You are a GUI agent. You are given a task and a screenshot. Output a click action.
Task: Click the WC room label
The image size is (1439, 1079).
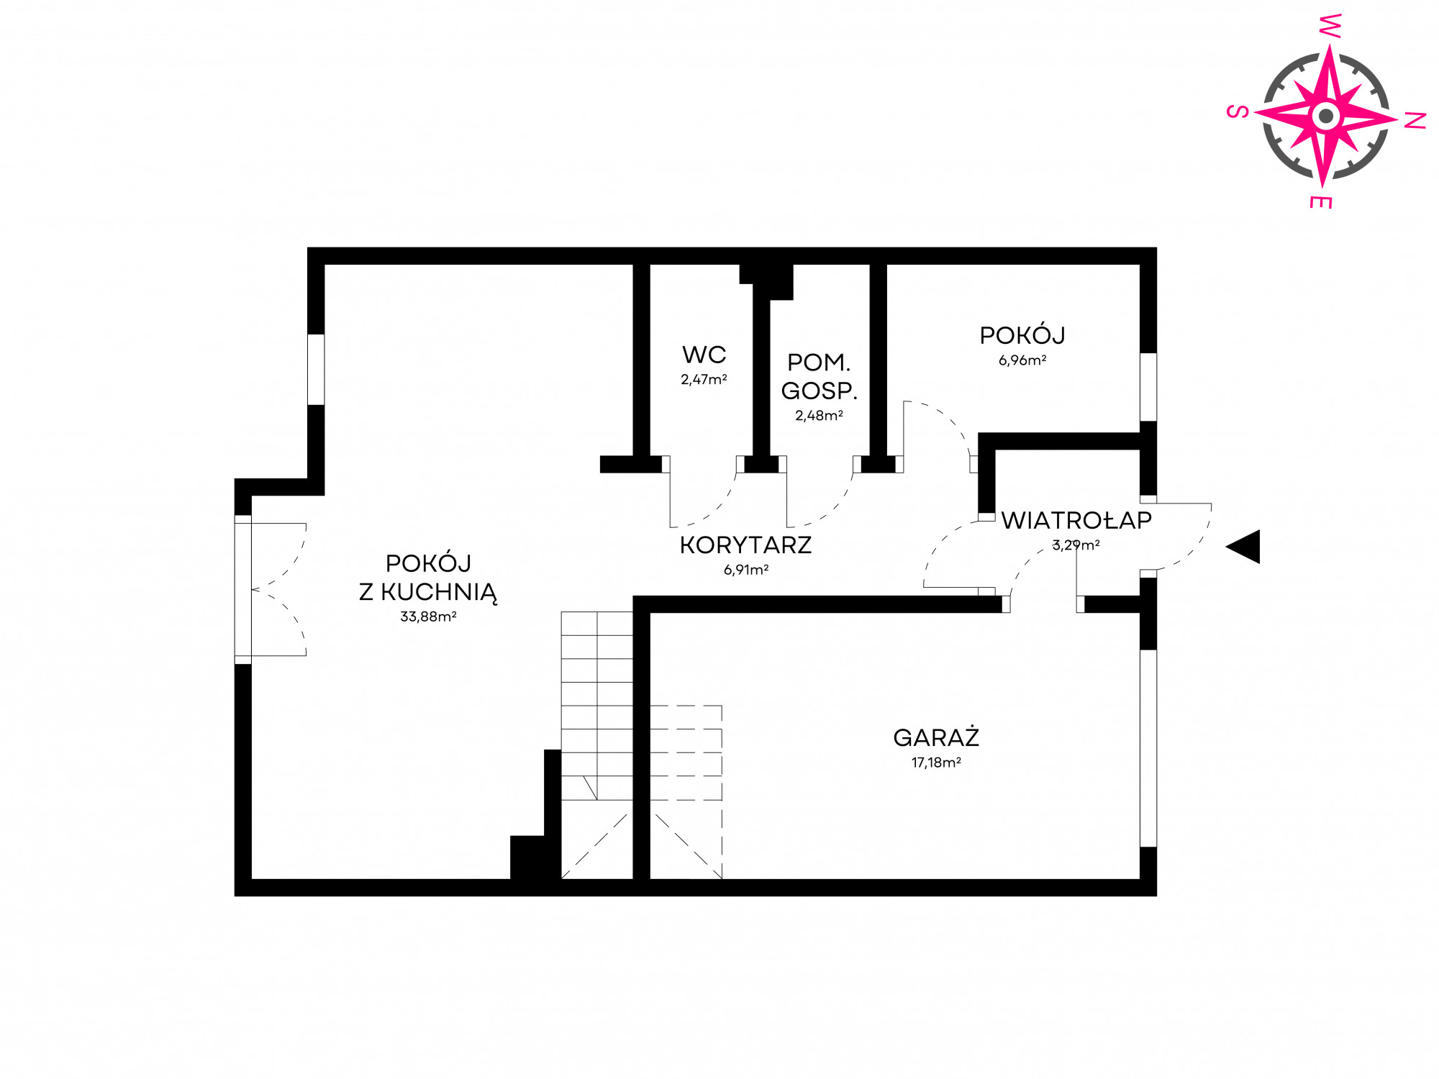click(x=704, y=355)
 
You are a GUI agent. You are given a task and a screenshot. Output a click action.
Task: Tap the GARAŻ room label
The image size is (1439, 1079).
click(x=936, y=737)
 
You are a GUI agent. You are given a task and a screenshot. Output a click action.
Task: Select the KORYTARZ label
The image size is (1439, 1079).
click(x=745, y=545)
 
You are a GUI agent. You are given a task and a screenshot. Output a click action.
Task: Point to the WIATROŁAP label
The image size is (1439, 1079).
click(x=1076, y=520)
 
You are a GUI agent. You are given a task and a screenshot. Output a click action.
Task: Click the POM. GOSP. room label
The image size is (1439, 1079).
click(x=820, y=376)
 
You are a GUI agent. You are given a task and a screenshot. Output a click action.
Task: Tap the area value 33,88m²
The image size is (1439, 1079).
click(x=428, y=616)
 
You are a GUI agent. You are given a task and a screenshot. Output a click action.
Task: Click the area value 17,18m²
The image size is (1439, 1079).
click(x=936, y=762)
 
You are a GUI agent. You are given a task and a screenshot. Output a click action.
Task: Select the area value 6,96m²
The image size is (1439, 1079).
click(x=1022, y=360)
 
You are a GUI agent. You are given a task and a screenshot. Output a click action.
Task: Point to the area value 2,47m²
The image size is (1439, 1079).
click(x=704, y=379)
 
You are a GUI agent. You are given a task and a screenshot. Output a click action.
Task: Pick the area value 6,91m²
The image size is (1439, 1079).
click(x=746, y=570)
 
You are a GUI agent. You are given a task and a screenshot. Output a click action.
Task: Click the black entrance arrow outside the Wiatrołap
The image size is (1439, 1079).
click(x=1243, y=547)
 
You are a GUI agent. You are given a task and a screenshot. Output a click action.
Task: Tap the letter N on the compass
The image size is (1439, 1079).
click(x=1415, y=121)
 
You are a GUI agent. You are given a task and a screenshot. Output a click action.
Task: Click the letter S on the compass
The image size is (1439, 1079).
click(x=1237, y=111)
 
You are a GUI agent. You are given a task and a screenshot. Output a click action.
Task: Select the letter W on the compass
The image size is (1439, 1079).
click(x=1329, y=26)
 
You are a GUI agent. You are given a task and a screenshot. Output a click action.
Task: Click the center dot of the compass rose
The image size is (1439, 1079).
click(x=1325, y=115)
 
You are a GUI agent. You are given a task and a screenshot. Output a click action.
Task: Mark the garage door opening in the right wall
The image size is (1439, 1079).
click(x=1148, y=748)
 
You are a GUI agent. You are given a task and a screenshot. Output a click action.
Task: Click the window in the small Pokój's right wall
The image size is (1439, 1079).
click(x=1148, y=387)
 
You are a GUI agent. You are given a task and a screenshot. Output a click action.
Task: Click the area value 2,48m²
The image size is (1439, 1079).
click(x=819, y=416)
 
